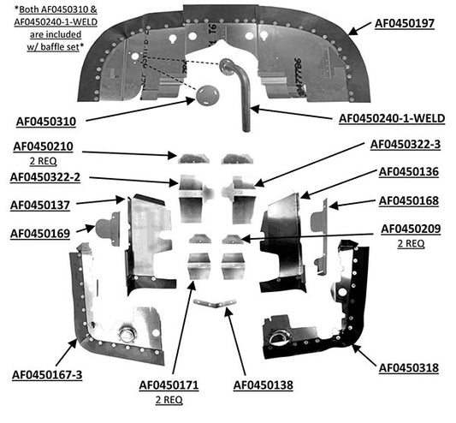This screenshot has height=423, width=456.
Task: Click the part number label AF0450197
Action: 404,24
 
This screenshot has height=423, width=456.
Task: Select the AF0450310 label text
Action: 46,122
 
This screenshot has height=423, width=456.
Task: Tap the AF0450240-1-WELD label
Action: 392,118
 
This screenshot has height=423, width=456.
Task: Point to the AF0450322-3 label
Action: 406,144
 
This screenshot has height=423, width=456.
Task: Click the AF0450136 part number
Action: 409,171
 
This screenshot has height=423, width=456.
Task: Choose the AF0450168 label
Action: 409,200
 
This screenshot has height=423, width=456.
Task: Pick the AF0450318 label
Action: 409,368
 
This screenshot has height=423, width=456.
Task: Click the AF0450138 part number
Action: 264,384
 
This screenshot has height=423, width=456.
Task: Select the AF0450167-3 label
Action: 47,375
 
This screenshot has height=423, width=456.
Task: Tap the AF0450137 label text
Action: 40,205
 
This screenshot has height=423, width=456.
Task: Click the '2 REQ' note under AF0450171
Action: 169,400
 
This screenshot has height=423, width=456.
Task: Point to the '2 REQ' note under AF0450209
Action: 411,243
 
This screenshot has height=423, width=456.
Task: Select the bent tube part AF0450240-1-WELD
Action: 240,90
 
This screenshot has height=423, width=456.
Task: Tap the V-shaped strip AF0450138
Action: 215,303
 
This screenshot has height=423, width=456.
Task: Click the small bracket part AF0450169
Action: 108,229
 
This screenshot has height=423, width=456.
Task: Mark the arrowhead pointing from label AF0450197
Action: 352,32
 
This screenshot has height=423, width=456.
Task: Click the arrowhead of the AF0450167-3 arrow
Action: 74,343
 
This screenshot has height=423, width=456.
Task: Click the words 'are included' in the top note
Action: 56,34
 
